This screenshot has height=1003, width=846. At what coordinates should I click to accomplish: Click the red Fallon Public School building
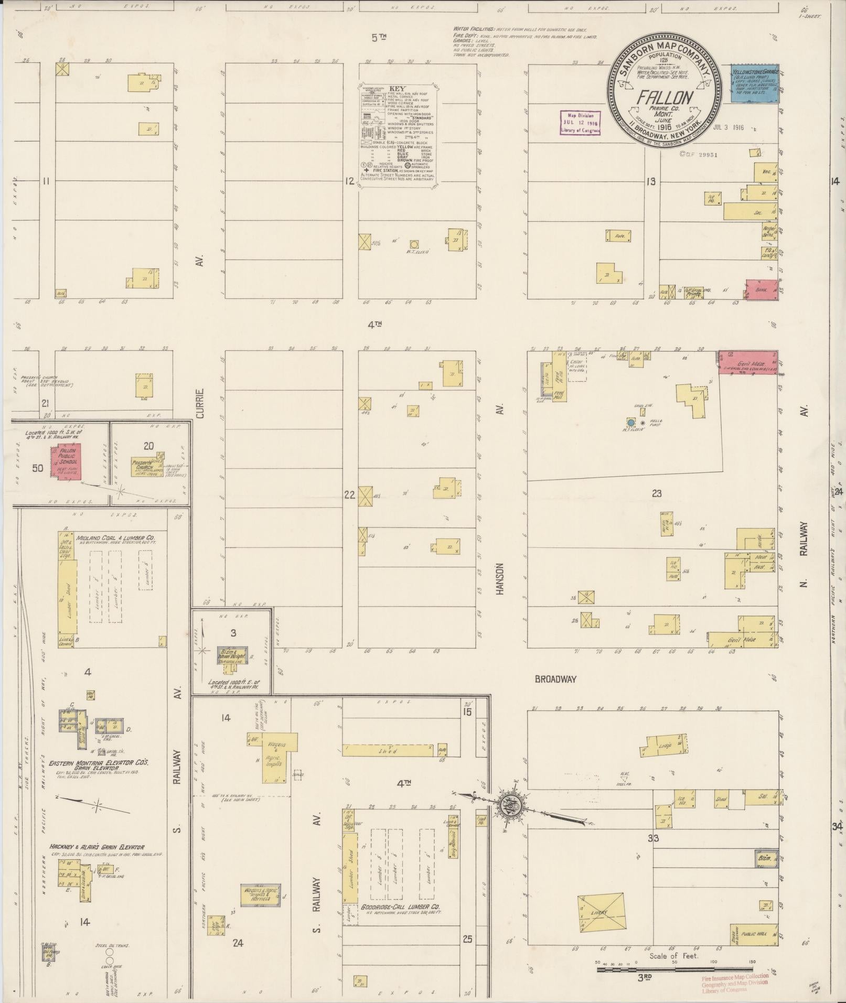pos(66,462)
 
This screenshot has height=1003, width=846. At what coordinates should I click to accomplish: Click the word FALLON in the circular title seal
pos(665,98)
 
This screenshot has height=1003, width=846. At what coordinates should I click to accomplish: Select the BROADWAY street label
pos(555,679)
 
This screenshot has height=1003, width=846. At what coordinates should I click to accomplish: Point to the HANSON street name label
pos(500,579)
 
